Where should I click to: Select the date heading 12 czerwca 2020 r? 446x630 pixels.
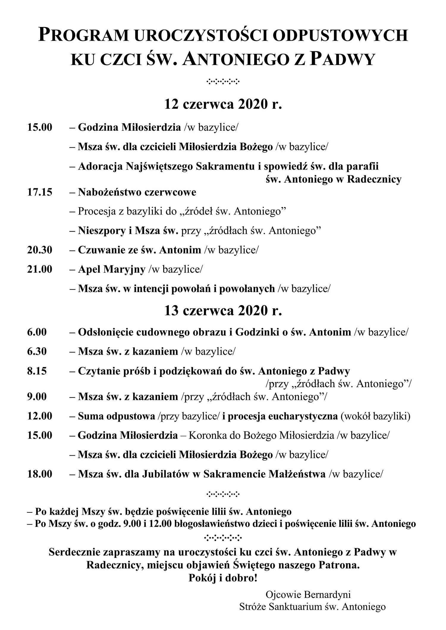(x=223, y=104)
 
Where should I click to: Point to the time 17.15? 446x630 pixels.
(x=40, y=192)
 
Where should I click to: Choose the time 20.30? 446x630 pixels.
(x=40, y=250)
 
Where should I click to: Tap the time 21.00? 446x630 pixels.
(x=40, y=269)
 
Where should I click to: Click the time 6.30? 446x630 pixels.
(x=37, y=351)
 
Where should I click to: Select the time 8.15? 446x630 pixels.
(x=37, y=371)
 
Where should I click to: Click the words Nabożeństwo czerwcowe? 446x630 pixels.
(x=137, y=192)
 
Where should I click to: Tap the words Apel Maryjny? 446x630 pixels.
(x=111, y=269)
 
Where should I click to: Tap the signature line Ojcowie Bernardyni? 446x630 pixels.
(x=308, y=594)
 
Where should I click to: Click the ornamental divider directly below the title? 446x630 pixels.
(x=223, y=81)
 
